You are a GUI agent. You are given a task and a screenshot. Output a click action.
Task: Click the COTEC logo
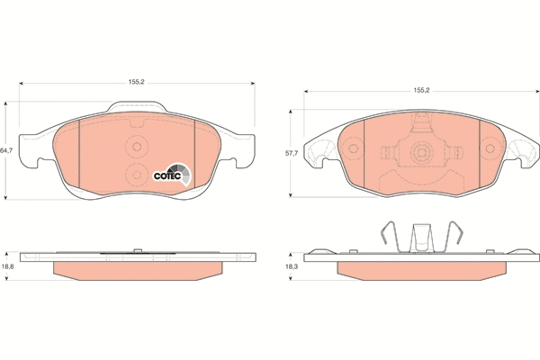point(172,175)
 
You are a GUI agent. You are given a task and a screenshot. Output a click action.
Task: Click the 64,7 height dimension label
point(6,150)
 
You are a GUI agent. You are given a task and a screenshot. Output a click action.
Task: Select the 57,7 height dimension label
point(291,153)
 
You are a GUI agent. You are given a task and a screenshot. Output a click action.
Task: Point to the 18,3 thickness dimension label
point(291,266)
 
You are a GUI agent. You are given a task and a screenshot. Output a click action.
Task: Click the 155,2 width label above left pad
point(137,82)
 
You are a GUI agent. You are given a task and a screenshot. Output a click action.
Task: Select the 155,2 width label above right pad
point(421,90)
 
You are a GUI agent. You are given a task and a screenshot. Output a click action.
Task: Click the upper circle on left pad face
point(137,147)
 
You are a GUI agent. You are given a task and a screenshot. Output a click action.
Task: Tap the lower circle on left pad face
point(137,175)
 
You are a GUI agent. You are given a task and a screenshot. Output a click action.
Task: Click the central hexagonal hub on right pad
point(421,151)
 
